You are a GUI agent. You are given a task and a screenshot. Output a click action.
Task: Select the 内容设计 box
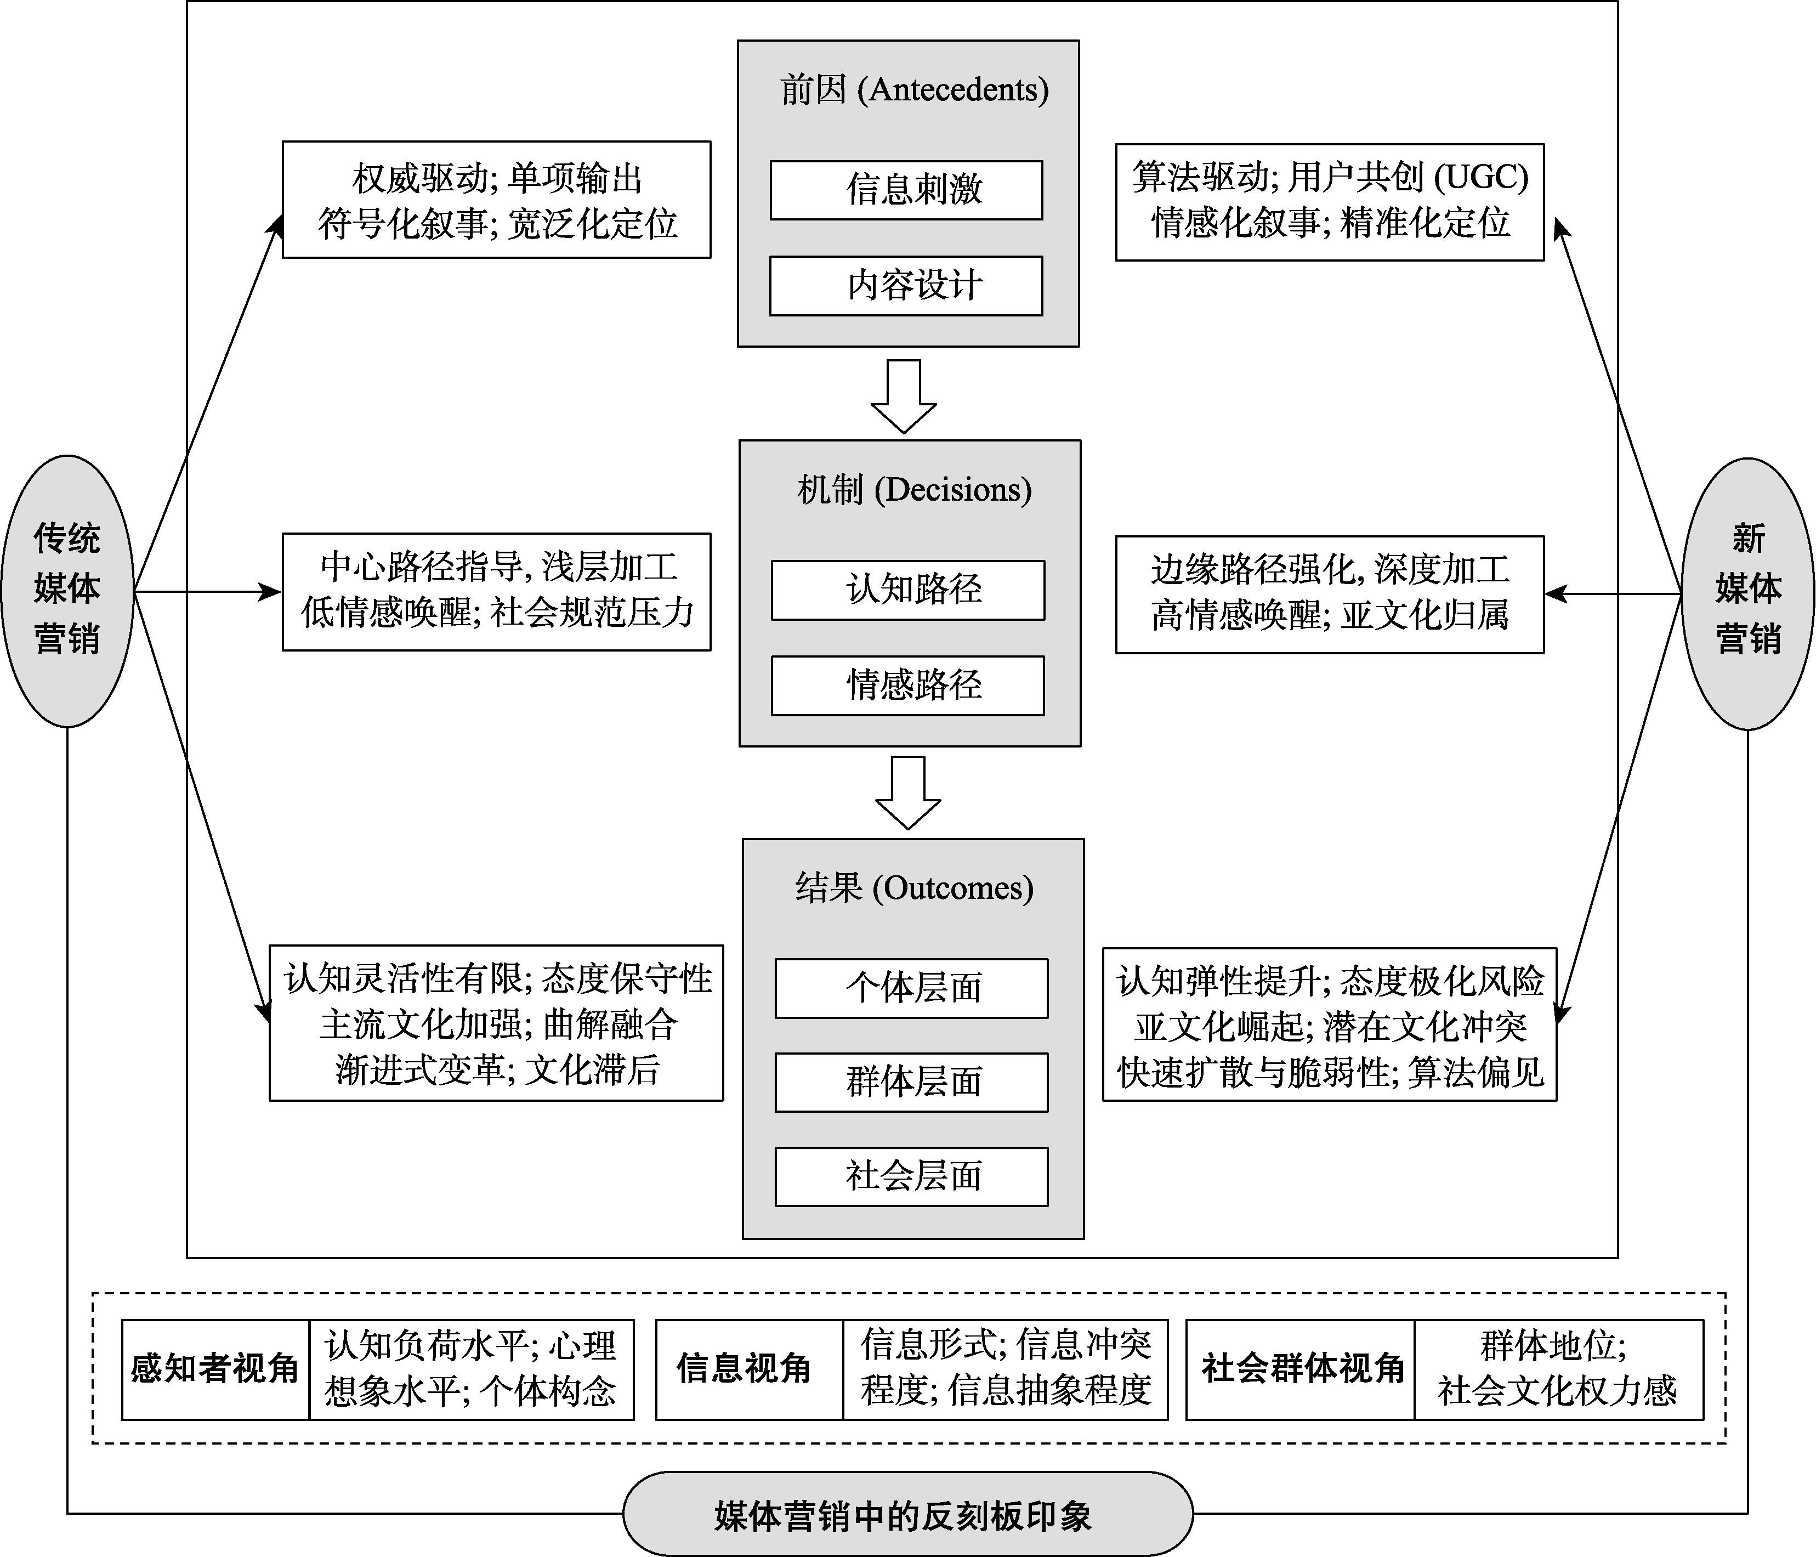[906, 286]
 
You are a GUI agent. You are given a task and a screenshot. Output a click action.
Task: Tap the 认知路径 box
[908, 590]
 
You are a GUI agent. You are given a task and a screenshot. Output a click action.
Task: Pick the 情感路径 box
[908, 686]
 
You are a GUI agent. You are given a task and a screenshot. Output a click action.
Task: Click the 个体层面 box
[911, 988]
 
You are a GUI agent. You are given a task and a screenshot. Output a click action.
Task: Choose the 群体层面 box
[911, 1083]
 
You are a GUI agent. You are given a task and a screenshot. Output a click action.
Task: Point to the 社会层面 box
[911, 1176]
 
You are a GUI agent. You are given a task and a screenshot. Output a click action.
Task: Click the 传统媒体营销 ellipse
[67, 590]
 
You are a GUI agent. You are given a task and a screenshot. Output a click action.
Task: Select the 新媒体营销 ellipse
[1747, 593]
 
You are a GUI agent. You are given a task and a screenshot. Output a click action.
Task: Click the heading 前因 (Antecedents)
[914, 89]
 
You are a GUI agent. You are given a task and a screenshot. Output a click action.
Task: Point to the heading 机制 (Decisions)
[914, 489]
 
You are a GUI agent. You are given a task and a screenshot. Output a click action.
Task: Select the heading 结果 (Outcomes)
[914, 888]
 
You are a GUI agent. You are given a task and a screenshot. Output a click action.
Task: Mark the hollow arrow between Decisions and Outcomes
[908, 791]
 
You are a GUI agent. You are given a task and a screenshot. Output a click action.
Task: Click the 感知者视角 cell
[215, 1368]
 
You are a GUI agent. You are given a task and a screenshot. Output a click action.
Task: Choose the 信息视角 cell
[744, 1368]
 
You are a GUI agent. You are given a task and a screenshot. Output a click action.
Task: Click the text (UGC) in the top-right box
[1480, 178]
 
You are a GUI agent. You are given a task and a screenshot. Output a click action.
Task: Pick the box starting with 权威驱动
[496, 200]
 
